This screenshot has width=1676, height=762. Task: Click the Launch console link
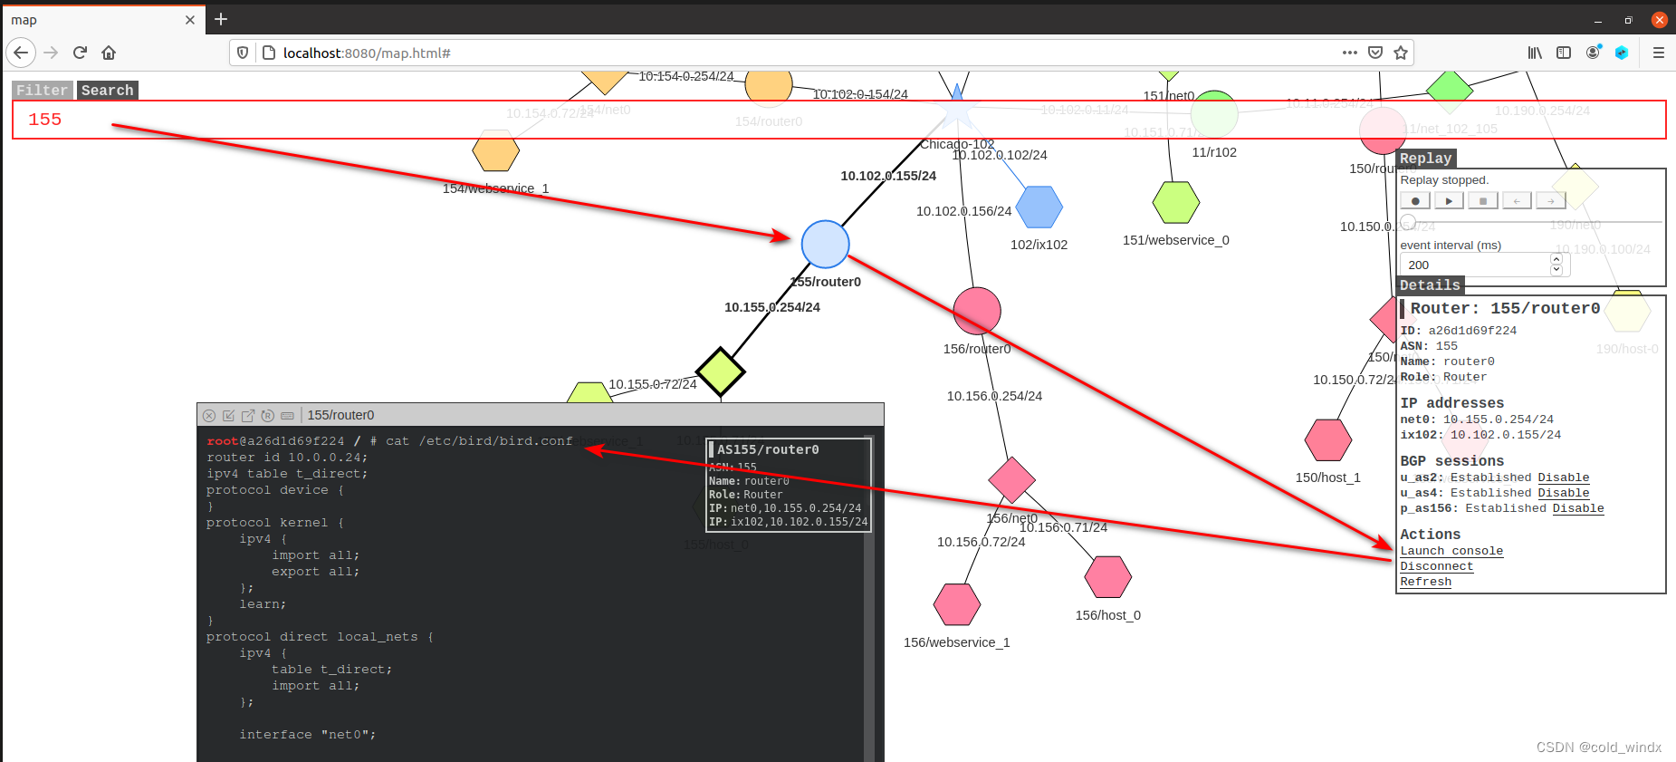pyautogui.click(x=1451, y=551)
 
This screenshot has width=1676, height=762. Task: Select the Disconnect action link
pyautogui.click(x=1436, y=566)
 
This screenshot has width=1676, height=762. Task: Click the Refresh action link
pyautogui.click(x=1425, y=582)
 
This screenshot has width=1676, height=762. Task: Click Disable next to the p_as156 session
pyautogui.click(x=1577, y=508)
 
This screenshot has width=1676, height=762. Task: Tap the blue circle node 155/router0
pyautogui.click(x=825, y=245)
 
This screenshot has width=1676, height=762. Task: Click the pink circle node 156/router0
pyautogui.click(x=977, y=311)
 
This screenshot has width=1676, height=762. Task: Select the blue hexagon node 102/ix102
pyautogui.click(x=1039, y=207)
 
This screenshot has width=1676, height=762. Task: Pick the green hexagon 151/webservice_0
pyautogui.click(x=1175, y=202)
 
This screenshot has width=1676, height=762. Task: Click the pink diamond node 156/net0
pyautogui.click(x=1011, y=479)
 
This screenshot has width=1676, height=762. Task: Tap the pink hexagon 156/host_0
pyautogui.click(x=1108, y=577)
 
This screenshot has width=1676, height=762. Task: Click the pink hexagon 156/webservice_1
pyautogui.click(x=957, y=604)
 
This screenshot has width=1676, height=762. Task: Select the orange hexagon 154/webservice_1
pyautogui.click(x=495, y=151)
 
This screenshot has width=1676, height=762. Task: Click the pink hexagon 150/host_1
pyautogui.click(x=1327, y=440)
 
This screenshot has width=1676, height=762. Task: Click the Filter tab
pyautogui.click(x=42, y=91)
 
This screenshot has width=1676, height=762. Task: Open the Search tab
pyautogui.click(x=107, y=91)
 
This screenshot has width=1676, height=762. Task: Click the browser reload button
pyautogui.click(x=80, y=53)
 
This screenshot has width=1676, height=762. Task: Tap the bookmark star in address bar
pyautogui.click(x=1401, y=53)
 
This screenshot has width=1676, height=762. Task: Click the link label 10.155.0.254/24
pyautogui.click(x=771, y=307)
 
